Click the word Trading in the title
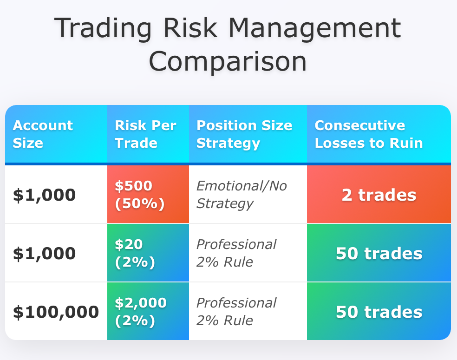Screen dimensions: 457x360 103,28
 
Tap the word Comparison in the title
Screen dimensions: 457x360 228,61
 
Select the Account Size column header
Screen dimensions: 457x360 56,134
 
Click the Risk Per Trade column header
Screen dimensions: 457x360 148,134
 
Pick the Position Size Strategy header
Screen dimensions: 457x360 248,134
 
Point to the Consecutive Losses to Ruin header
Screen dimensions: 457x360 379,134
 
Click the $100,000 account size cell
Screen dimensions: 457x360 56,311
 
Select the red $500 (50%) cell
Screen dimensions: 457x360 148,194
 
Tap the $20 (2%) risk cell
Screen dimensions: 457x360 148,253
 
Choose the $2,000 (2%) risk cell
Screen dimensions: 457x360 148,311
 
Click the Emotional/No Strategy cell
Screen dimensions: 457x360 248,194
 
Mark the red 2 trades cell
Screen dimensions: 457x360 379,194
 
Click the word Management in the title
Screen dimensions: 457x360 315,28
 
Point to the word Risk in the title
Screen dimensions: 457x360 190,28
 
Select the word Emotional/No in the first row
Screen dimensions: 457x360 242,186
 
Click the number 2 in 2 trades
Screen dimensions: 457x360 347,195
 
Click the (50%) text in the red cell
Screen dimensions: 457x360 140,204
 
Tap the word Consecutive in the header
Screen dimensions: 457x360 360,125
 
